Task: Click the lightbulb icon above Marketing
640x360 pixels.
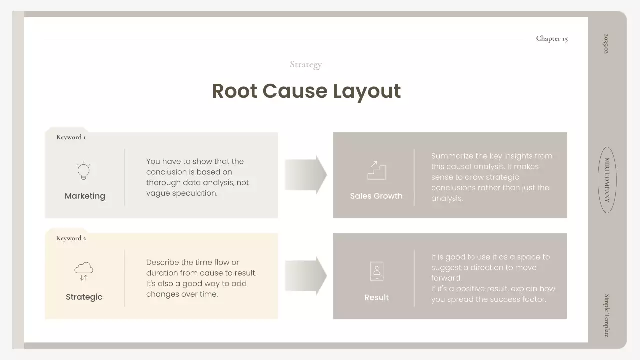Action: [x=84, y=171]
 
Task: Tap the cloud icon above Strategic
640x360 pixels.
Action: [x=84, y=271]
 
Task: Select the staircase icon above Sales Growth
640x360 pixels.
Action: [x=377, y=170]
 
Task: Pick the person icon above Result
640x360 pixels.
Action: [x=376, y=271]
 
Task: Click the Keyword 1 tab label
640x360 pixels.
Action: [x=71, y=137]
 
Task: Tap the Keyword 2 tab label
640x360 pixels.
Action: [x=71, y=238]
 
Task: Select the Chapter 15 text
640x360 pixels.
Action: [x=552, y=39]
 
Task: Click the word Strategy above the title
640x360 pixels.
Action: [x=306, y=64]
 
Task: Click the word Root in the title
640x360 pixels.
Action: [x=234, y=91]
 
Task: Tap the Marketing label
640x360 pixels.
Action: [x=85, y=196]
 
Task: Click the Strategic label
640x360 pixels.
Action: [x=84, y=297]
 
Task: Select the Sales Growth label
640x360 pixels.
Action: [x=376, y=196]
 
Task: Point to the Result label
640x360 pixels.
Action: [x=376, y=298]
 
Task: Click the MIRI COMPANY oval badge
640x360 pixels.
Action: [x=607, y=180]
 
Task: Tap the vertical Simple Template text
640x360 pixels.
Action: [x=607, y=315]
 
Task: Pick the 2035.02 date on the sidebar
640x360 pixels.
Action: [x=606, y=44]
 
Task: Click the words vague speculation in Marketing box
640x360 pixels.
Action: [x=182, y=193]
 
